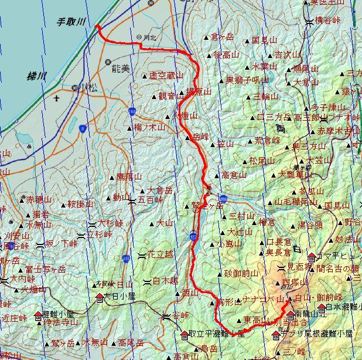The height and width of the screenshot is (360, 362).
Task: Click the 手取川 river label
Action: [71, 21]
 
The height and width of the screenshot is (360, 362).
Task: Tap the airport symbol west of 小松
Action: [56, 99]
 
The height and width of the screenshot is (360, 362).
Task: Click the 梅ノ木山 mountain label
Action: [146, 128]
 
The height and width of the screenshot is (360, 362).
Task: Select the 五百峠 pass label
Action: [150, 201]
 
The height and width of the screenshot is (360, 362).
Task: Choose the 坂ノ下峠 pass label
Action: [62, 244]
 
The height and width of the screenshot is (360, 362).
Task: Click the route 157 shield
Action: [193, 237]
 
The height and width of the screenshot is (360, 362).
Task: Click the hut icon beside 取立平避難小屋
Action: [183, 334]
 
